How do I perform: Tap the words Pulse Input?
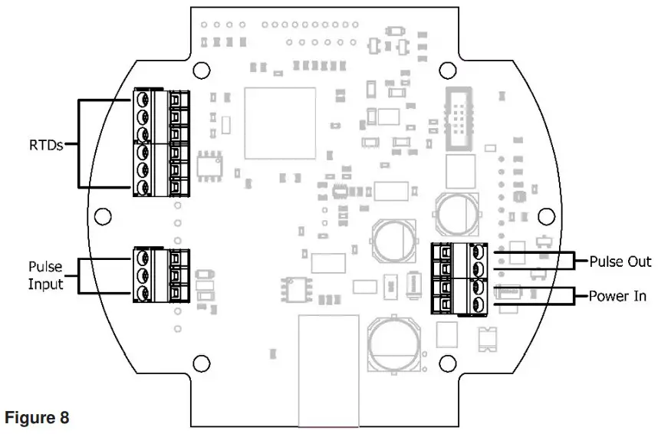coord(45,275)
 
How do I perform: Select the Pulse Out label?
coord(620,261)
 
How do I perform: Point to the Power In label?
coord(618,295)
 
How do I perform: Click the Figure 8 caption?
coord(37,418)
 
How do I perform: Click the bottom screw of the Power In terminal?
coord(478,305)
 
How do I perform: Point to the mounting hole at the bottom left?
coord(200,364)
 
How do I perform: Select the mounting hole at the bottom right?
coord(446,364)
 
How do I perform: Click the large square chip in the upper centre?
coord(280,123)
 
